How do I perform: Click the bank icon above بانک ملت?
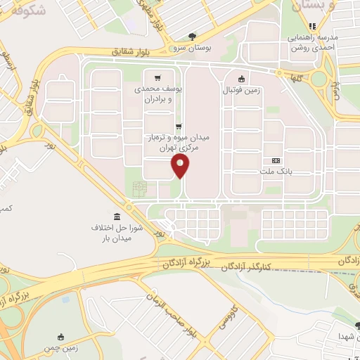tap(276, 160)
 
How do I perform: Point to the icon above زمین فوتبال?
tap(242, 79)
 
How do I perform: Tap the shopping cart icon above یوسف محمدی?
tap(157, 78)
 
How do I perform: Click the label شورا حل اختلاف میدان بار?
tap(116, 234)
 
